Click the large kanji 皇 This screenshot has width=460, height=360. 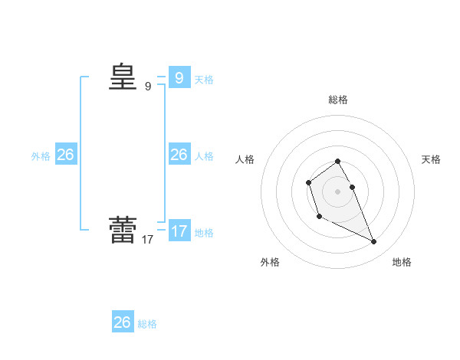click(x=122, y=77)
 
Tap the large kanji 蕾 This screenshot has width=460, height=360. click(x=122, y=230)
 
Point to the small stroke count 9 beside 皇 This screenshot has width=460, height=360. click(x=148, y=87)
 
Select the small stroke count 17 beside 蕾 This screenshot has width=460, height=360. click(x=148, y=240)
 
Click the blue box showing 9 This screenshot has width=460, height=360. click(x=179, y=78)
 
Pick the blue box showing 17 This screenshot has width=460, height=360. click(x=179, y=231)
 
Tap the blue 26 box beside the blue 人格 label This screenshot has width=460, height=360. click(x=179, y=155)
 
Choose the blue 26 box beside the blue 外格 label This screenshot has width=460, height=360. click(x=65, y=155)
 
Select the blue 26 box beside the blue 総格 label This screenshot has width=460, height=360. click(x=123, y=322)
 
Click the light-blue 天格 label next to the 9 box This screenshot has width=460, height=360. click(x=204, y=80)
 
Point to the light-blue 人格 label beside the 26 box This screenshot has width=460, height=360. click(x=204, y=156)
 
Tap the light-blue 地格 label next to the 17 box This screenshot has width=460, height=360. click(x=204, y=233)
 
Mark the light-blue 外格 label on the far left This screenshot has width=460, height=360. click(x=41, y=156)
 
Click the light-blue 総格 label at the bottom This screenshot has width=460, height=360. click(x=147, y=324)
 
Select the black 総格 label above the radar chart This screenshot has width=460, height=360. click(x=338, y=100)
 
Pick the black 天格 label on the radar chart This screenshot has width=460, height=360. click(x=431, y=159)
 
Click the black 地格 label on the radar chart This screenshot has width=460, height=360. click(x=402, y=262)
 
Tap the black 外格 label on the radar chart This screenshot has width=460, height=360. click(x=270, y=262)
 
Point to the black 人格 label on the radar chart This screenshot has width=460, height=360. click(x=245, y=159)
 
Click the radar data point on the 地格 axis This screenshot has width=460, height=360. click(x=374, y=242)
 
